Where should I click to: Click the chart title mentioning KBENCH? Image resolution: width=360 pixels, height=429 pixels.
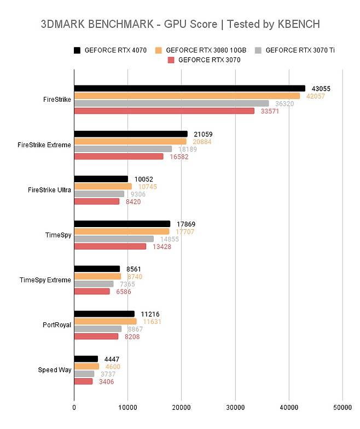click(x=180, y=25)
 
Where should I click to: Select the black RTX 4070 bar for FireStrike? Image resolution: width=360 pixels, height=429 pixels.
click(x=189, y=88)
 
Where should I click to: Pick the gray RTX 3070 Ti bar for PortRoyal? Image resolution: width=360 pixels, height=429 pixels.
click(x=98, y=329)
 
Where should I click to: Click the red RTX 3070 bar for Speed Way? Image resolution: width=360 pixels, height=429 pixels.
click(x=83, y=381)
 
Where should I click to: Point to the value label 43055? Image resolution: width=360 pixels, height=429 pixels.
click(x=321, y=89)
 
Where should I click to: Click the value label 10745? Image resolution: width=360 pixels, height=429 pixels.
click(x=146, y=187)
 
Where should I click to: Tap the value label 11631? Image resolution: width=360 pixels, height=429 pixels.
click(x=151, y=322)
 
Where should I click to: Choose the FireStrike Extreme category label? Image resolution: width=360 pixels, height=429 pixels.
click(x=44, y=145)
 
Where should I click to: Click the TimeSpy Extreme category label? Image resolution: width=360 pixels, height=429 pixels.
click(x=45, y=280)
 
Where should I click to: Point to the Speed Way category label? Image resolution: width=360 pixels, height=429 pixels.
click(x=55, y=370)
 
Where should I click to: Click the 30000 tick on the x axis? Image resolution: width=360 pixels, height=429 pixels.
click(x=235, y=407)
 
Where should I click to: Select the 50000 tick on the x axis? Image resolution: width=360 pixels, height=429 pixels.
click(x=342, y=407)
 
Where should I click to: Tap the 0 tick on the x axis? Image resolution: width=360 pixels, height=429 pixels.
click(x=74, y=407)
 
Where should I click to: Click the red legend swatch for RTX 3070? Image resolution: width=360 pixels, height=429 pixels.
click(x=171, y=60)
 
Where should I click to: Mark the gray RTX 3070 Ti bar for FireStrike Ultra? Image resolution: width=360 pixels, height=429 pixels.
click(x=99, y=194)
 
